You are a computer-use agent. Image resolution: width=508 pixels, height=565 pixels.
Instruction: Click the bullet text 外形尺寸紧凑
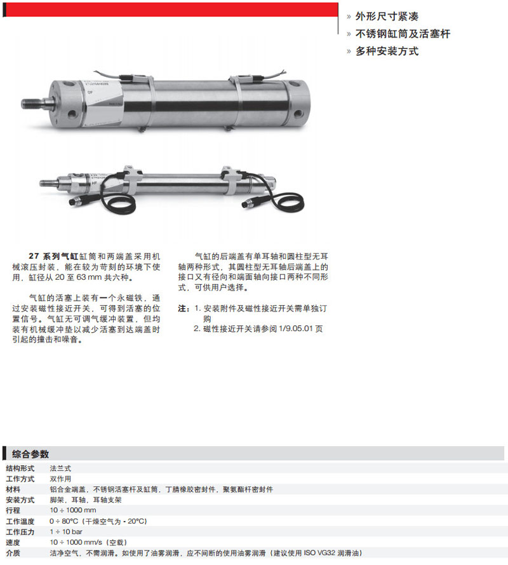[x=387, y=17]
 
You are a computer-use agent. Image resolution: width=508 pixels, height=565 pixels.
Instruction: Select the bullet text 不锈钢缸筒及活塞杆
[x=403, y=34]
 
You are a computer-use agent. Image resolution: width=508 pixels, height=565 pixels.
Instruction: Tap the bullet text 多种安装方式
[x=387, y=51]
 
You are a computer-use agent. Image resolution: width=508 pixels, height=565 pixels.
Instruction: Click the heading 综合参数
[x=30, y=454]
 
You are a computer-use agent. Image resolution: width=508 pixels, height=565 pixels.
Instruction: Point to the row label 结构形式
[x=20, y=468]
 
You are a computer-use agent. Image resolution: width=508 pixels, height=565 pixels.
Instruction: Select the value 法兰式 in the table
[x=60, y=468]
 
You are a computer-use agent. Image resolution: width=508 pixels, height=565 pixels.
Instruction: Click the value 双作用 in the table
[x=60, y=479]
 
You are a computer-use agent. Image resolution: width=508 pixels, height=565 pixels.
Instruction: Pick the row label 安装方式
[x=20, y=500]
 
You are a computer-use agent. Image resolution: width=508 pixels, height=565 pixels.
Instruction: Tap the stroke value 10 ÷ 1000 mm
[x=73, y=510]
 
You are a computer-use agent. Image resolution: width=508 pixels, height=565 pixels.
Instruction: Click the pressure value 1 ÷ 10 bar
[x=66, y=531]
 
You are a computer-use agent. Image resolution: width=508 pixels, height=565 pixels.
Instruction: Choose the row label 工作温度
[x=20, y=521]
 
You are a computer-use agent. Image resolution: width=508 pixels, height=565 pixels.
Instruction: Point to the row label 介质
[x=13, y=553]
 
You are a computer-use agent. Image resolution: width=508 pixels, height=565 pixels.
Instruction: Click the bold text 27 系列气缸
[x=53, y=256]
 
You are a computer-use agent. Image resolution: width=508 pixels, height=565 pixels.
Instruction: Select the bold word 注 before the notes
[x=182, y=308]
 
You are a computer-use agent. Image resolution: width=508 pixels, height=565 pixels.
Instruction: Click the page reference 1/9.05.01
[x=295, y=329]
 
